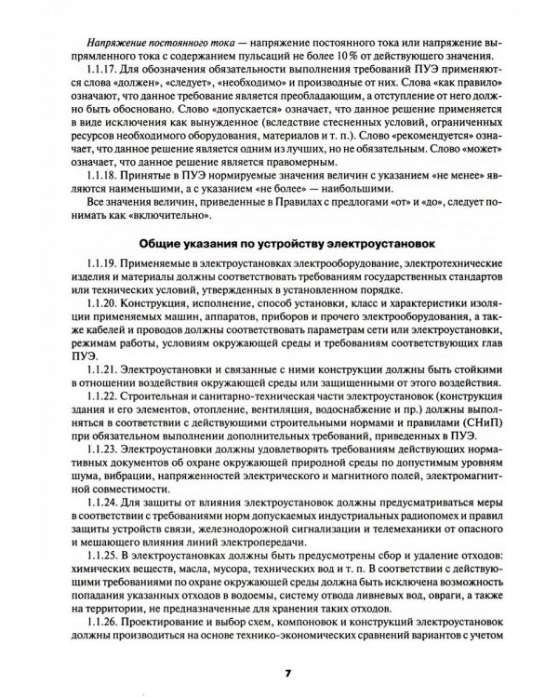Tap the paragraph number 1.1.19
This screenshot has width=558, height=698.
(100, 266)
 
